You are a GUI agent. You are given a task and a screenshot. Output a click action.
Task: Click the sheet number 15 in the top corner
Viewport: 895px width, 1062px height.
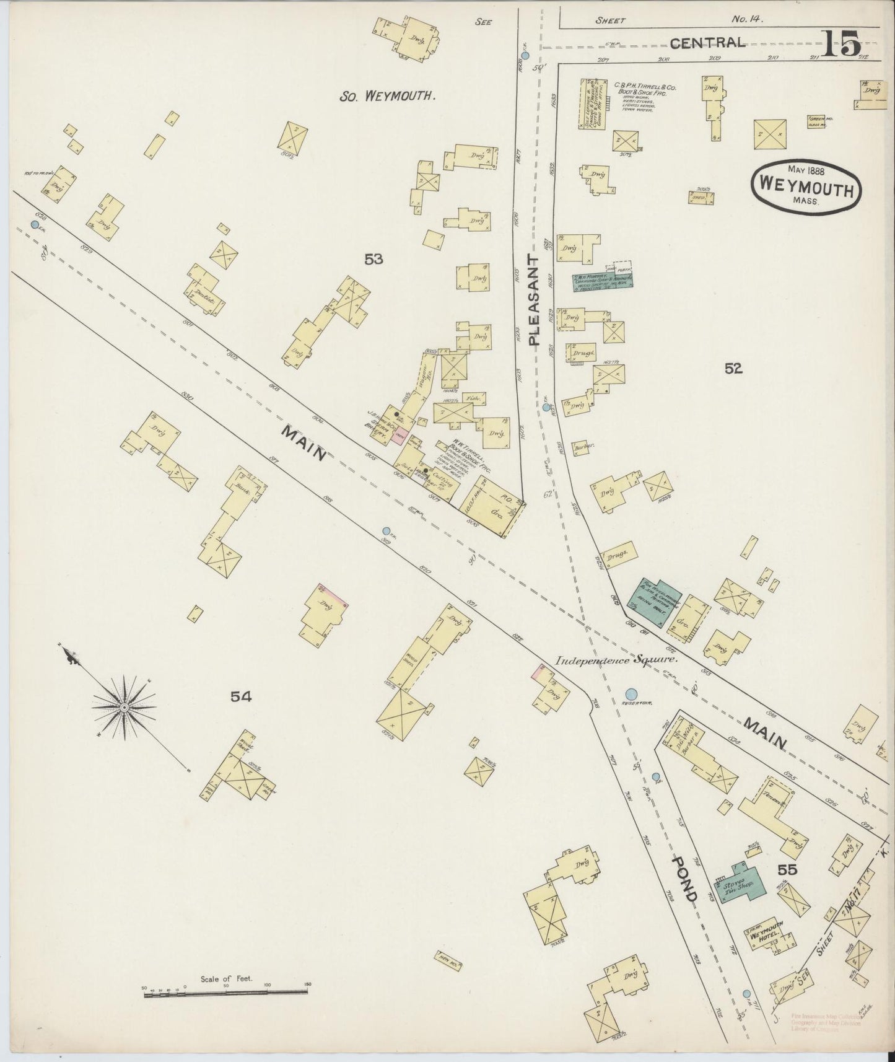tap(842, 44)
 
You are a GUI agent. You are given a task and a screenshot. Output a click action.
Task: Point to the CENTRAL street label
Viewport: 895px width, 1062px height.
tap(707, 43)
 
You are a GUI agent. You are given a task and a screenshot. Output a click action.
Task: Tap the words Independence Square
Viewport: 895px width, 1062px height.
tap(616, 660)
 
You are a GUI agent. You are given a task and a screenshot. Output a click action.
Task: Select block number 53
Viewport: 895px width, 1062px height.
tap(373, 260)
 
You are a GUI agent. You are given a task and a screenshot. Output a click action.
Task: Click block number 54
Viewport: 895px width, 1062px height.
tap(241, 696)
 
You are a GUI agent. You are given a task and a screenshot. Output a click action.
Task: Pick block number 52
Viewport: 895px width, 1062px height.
tap(733, 369)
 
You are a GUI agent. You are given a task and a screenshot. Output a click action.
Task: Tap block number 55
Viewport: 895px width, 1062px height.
tap(787, 869)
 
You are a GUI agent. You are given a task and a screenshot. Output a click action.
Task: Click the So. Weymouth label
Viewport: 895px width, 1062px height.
tap(388, 96)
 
